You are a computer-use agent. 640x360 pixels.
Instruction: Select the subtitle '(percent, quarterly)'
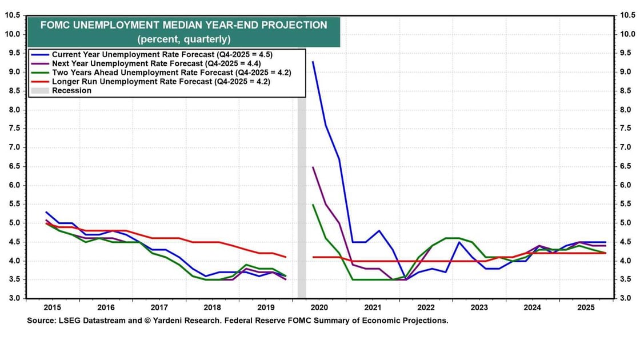point(183,39)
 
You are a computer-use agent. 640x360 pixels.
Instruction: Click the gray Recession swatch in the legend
point(39,90)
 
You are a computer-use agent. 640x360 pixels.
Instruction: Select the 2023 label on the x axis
point(479,307)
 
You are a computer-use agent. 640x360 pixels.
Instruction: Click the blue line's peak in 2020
point(313,62)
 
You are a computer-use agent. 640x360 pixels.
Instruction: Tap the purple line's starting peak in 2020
point(313,167)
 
